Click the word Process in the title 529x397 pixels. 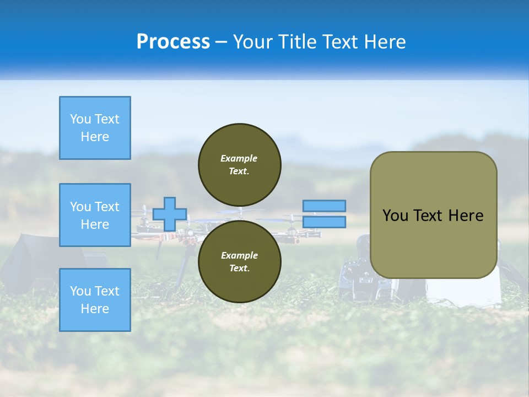pyautogui.click(x=173, y=42)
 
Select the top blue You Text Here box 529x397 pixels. pyautogui.click(x=95, y=128)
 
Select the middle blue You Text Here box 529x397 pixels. pyautogui.click(x=95, y=215)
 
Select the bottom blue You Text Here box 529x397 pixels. pyautogui.click(x=95, y=300)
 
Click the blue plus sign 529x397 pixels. pyautogui.click(x=169, y=214)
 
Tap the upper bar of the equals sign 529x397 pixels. pyautogui.click(x=324, y=206)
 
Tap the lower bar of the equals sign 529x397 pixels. pyautogui.click(x=324, y=222)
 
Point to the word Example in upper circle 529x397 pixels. pyautogui.click(x=239, y=158)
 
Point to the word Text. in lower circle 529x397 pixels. pyautogui.click(x=239, y=269)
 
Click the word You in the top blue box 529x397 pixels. pyautogui.click(x=80, y=119)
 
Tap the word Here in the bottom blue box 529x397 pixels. pyautogui.click(x=95, y=309)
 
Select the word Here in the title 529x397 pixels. pyautogui.click(x=385, y=42)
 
